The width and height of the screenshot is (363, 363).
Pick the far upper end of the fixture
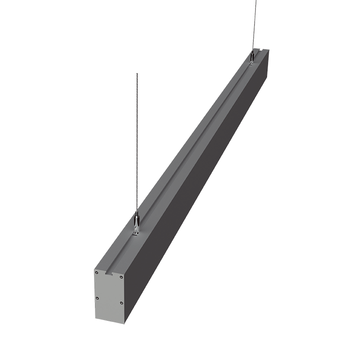pyautogui.click(x=264, y=51)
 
